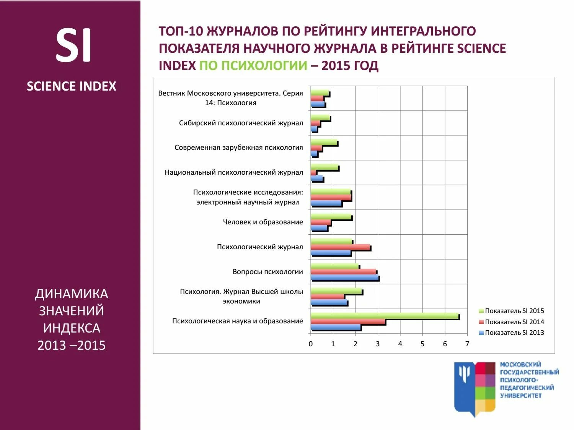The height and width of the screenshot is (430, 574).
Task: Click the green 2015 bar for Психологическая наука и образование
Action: pos(385,316)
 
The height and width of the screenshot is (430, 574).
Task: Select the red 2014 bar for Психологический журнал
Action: pos(340,247)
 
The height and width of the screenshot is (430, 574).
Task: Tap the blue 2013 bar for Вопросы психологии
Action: pos(344,277)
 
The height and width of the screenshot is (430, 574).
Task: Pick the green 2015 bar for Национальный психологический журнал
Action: pos(325,167)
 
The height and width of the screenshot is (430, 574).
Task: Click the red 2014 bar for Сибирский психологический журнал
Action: pos(315,123)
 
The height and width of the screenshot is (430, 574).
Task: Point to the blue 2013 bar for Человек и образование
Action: pos(319,228)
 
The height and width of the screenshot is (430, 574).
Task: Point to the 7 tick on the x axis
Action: pos(467,344)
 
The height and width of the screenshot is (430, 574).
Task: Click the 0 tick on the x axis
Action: pos(311,344)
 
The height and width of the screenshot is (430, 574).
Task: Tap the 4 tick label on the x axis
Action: pos(400,344)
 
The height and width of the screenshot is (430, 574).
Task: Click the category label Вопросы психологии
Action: pos(267,272)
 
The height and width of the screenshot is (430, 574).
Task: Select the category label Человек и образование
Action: pos(263,222)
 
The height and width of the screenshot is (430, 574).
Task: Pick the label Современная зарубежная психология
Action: pos(238,148)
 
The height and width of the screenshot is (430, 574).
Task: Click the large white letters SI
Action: pos(73,45)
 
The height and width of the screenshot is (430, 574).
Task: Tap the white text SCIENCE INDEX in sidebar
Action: pos(72,86)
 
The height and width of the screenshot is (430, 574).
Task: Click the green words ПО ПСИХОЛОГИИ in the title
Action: pos(253,65)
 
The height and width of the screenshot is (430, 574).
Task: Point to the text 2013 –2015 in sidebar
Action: pos(72,345)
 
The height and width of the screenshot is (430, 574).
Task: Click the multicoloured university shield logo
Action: pos(475,388)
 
